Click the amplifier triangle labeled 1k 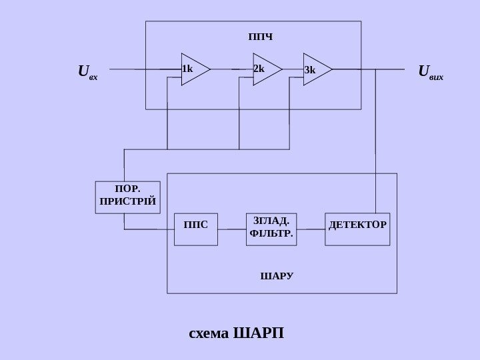[194, 69]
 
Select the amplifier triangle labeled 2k [266, 69]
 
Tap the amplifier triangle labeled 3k [316, 69]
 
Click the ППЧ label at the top [260, 35]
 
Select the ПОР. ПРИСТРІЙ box [129, 197]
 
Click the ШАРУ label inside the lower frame [276, 275]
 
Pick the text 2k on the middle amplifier [259, 69]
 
